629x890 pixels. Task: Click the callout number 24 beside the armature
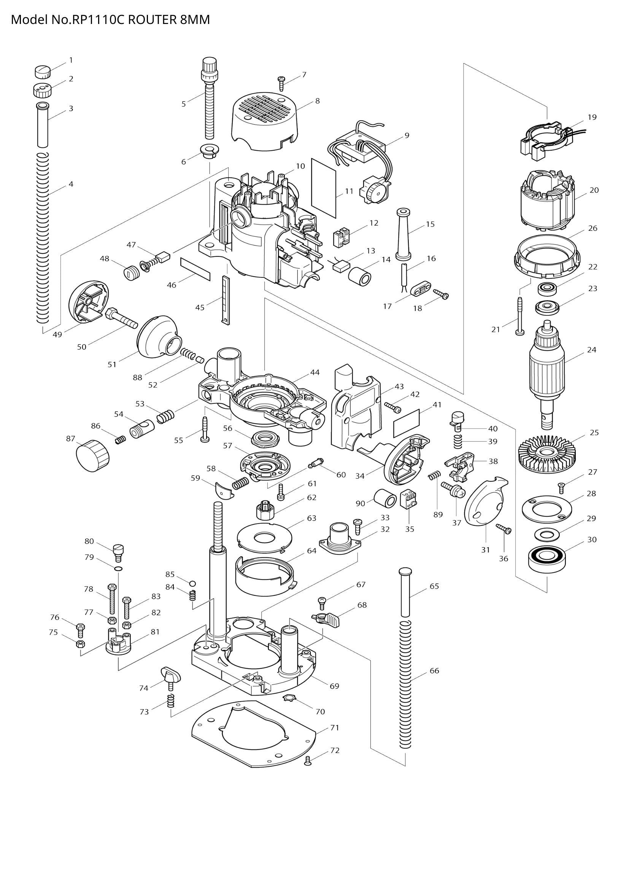591,350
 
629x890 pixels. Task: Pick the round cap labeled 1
43,71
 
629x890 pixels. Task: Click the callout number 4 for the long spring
71,184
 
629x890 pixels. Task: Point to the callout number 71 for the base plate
335,728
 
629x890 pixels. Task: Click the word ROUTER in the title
152,19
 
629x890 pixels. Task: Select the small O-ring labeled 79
119,568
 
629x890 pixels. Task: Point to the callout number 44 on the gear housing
315,373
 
